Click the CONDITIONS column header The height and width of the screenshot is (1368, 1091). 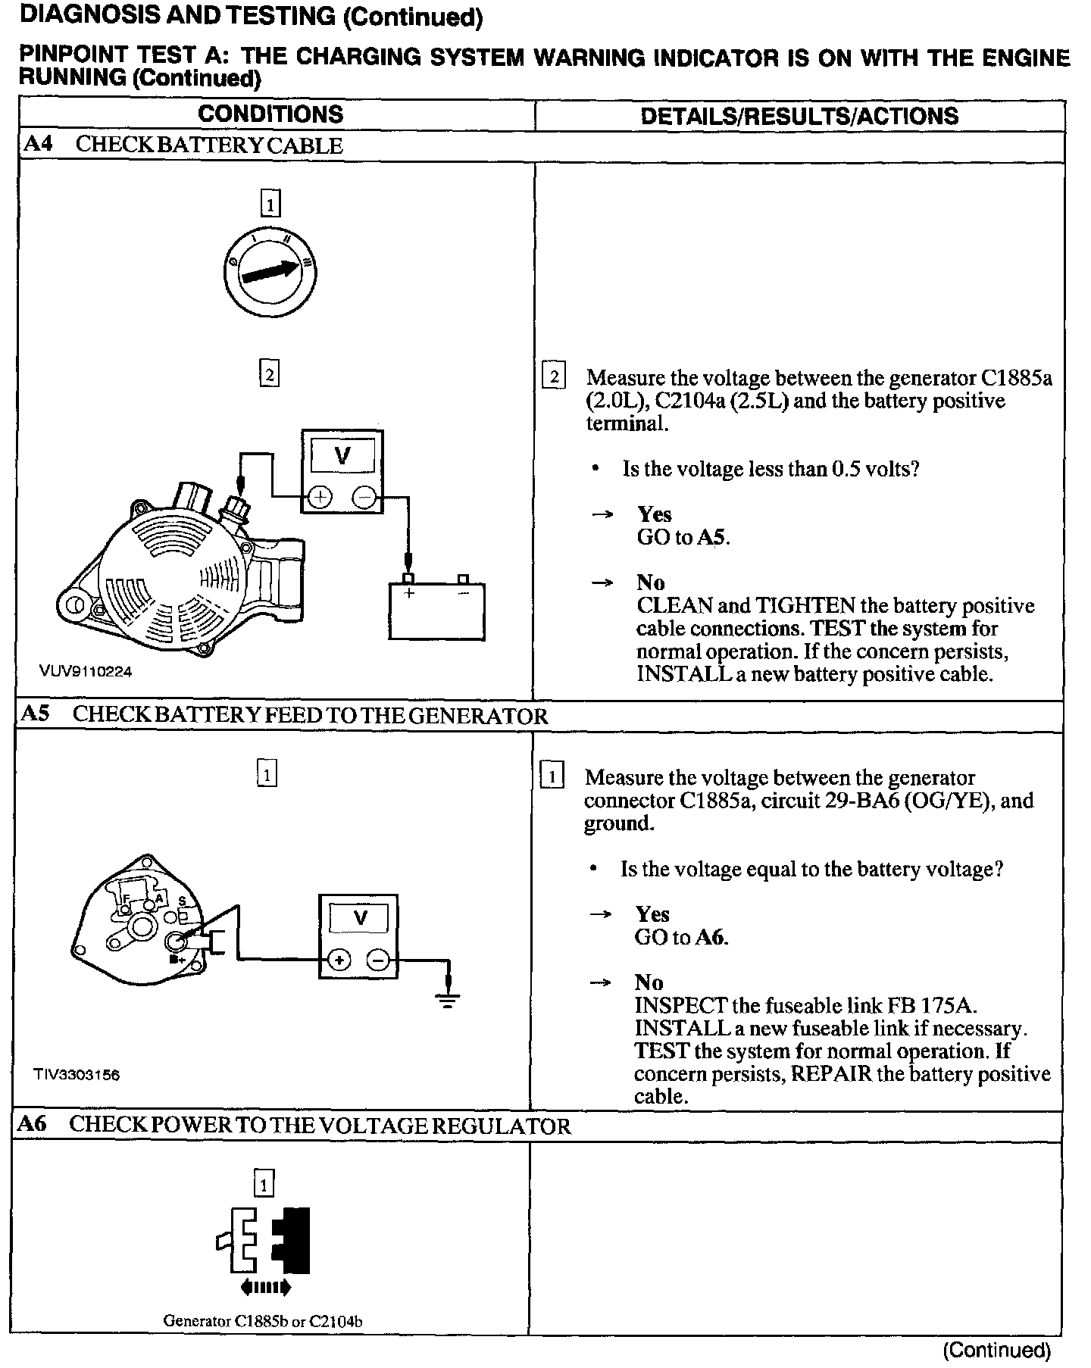[x=270, y=114]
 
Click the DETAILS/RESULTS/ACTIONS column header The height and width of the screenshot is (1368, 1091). [x=799, y=116]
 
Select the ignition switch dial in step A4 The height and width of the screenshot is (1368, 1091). [x=270, y=270]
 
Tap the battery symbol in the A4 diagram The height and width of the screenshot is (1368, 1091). [x=436, y=610]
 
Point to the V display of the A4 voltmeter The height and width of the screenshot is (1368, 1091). [x=342, y=456]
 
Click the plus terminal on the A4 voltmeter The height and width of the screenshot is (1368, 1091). [x=320, y=497]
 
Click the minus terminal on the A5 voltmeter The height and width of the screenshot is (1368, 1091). [x=378, y=960]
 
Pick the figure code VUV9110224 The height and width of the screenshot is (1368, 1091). [x=86, y=671]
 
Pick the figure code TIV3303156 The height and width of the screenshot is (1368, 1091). [x=77, y=1074]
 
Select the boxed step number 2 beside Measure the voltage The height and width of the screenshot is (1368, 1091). [x=554, y=377]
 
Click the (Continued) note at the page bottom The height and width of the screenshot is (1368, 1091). [x=996, y=1350]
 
